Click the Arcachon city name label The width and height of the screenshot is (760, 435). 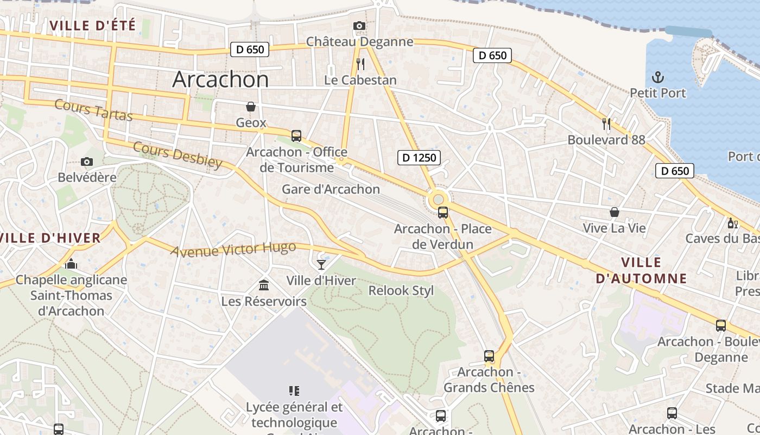220,79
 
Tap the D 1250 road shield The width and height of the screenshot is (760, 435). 419,158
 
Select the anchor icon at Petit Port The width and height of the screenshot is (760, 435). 658,77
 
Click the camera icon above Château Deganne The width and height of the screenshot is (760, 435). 359,26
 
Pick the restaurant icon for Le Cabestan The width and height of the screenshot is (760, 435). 360,64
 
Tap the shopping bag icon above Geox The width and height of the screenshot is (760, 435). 251,106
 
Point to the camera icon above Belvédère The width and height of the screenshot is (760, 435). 86,161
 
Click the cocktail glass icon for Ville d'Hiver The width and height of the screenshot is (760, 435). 321,265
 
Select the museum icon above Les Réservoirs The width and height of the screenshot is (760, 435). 264,285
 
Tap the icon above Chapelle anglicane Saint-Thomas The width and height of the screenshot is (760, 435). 71,264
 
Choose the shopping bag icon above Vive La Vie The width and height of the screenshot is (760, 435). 614,212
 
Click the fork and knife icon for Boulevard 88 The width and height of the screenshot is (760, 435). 606,124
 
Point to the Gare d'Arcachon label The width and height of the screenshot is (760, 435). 331,189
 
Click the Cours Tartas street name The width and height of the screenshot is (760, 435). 93,110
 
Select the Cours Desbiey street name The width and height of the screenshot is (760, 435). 178,155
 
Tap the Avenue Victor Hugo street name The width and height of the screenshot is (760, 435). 233,249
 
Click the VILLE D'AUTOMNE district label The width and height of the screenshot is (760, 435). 641,270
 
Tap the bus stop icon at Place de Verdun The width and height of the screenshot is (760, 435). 442,213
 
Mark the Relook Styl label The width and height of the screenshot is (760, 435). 401,290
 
